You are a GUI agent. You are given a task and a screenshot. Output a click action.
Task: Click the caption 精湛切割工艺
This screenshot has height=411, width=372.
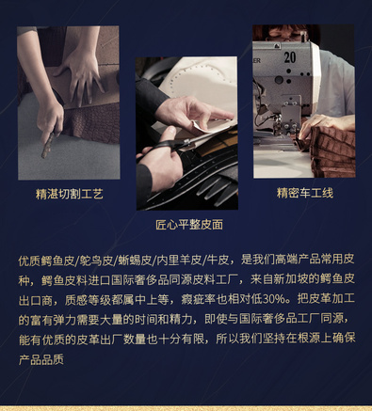pyautogui.click(x=69, y=194)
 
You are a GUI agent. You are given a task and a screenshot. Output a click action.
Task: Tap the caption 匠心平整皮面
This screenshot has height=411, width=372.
pyautogui.click(x=189, y=225)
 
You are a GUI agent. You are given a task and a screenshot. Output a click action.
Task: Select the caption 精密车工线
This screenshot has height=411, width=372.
pyautogui.click(x=305, y=193)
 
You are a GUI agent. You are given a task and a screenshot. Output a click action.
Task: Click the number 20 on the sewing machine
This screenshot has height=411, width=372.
pyautogui.click(x=290, y=57)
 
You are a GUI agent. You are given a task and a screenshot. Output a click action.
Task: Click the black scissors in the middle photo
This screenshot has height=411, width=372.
pyautogui.click(x=163, y=148)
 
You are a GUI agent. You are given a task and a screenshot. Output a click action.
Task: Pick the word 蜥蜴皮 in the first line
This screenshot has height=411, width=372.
pyautogui.click(x=135, y=261)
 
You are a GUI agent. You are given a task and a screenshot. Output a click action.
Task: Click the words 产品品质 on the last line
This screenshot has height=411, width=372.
pyautogui.click(x=41, y=359)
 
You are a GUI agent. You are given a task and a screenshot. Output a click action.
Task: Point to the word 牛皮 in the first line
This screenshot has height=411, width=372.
pyautogui.click(x=218, y=261)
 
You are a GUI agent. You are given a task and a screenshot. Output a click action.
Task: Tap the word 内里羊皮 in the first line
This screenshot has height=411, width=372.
pyautogui.click(x=179, y=261)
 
